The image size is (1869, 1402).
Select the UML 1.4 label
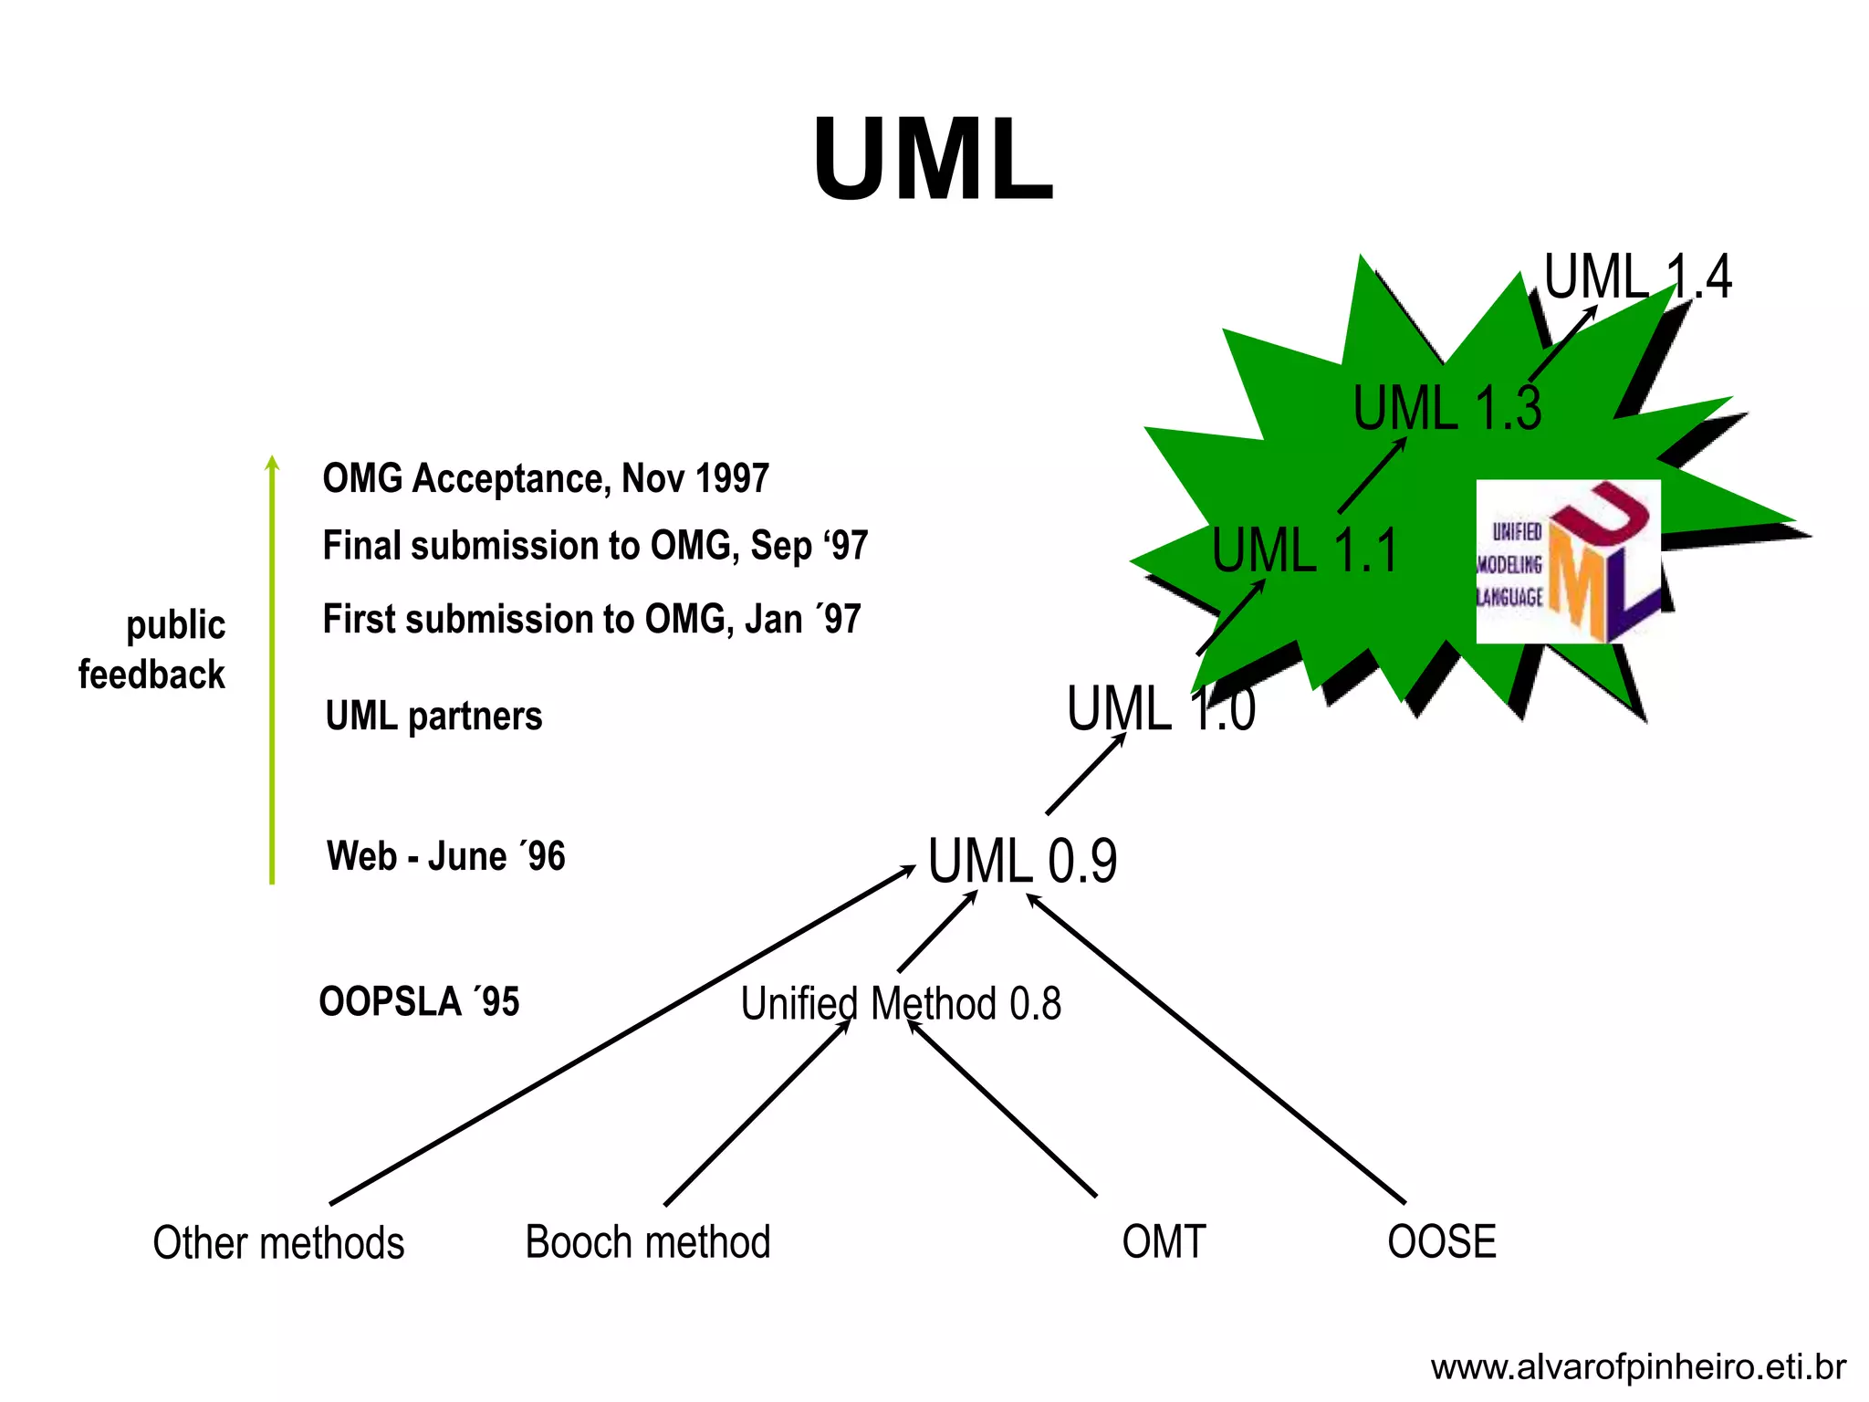(x=1637, y=277)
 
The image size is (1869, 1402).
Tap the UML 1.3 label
(x=1446, y=408)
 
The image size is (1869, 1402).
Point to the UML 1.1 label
(x=1304, y=550)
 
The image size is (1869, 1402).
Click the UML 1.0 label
(x=1160, y=708)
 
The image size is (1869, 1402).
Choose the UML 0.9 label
(x=1022, y=861)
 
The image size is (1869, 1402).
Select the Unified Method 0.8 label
(x=901, y=1004)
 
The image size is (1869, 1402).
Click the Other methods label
(x=278, y=1243)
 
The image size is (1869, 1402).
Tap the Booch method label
(x=648, y=1242)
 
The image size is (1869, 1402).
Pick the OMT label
(x=1164, y=1242)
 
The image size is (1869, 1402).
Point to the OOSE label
(x=1441, y=1242)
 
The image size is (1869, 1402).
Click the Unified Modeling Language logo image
(x=1568, y=561)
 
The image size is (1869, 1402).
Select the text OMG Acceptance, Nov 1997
(x=546, y=478)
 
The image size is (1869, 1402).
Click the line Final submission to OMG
(x=595, y=546)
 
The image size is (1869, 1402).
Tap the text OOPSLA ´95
(x=419, y=1002)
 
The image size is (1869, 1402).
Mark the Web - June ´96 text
(x=446, y=857)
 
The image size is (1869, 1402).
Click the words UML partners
(x=433, y=716)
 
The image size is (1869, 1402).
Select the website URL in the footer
(x=1637, y=1367)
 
